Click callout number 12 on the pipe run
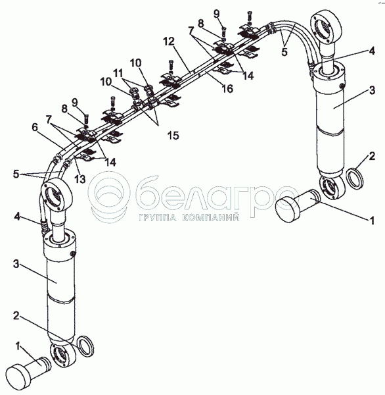pyautogui.click(x=169, y=41)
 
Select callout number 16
pyautogui.click(x=227, y=89)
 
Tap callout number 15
pyautogui.click(x=173, y=136)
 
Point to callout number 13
pyautogui.click(x=80, y=179)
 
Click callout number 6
pyautogui.click(x=35, y=128)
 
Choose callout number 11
pyautogui.click(x=118, y=73)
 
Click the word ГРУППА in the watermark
pyautogui.click(x=158, y=217)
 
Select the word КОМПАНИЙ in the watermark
pyautogui.click(x=210, y=217)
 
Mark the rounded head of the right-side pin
pyautogui.click(x=288, y=209)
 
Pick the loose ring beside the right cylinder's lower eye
pyautogui.click(x=355, y=179)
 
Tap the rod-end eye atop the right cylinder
pyautogui.click(x=327, y=27)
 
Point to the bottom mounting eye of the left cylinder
pyautogui.click(x=63, y=355)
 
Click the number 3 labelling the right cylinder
pyautogui.click(x=372, y=90)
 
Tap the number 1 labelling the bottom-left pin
pyautogui.click(x=18, y=347)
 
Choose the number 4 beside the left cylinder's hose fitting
pyautogui.click(x=16, y=217)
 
